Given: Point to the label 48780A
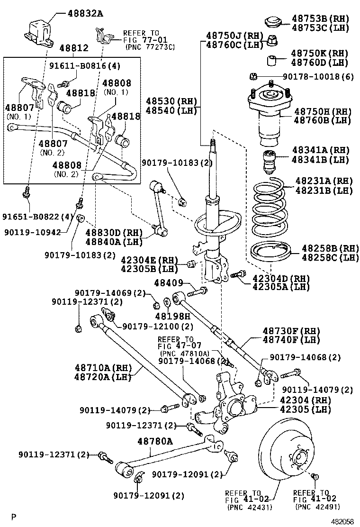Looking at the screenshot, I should (x=155, y=441).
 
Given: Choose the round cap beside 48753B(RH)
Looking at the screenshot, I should (x=272, y=22).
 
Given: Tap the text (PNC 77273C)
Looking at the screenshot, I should (x=150, y=46).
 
